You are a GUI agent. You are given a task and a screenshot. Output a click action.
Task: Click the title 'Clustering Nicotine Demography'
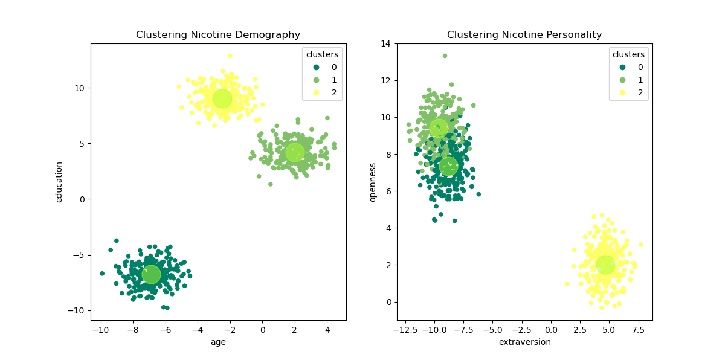(x=218, y=35)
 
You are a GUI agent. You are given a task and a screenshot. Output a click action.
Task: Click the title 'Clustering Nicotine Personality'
(x=524, y=35)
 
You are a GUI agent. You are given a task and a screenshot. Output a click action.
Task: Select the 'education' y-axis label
(x=59, y=182)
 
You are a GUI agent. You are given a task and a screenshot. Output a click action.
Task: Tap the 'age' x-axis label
(x=218, y=342)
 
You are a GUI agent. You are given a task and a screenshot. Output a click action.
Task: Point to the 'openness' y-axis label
(x=373, y=182)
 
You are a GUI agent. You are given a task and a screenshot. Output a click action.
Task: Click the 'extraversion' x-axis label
(x=524, y=342)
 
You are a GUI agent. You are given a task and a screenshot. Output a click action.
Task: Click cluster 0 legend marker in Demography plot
(x=316, y=68)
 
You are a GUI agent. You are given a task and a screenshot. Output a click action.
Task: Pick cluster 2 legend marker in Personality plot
(x=622, y=93)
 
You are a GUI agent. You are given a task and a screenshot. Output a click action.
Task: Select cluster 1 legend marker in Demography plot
(x=316, y=80)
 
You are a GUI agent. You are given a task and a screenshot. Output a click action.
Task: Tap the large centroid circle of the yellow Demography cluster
(x=222, y=98)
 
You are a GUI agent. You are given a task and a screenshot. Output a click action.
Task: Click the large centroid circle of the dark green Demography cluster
(x=151, y=274)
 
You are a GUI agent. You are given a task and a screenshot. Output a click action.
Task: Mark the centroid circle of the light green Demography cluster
(x=295, y=152)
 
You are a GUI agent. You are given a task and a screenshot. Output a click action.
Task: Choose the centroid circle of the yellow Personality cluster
(x=605, y=264)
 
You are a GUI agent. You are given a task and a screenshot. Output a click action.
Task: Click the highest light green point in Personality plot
(x=445, y=56)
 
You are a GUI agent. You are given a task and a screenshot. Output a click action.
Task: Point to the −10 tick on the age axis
(x=101, y=330)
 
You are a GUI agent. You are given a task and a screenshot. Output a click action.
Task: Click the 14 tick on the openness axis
(x=385, y=43)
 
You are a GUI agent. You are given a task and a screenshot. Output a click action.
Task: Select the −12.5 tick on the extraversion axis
(x=405, y=330)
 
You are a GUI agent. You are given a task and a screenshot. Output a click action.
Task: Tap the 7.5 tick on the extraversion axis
(x=638, y=330)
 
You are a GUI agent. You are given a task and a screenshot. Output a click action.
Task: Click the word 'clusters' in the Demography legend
(x=322, y=54)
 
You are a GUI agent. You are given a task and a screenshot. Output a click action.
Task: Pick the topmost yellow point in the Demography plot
(x=230, y=56)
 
